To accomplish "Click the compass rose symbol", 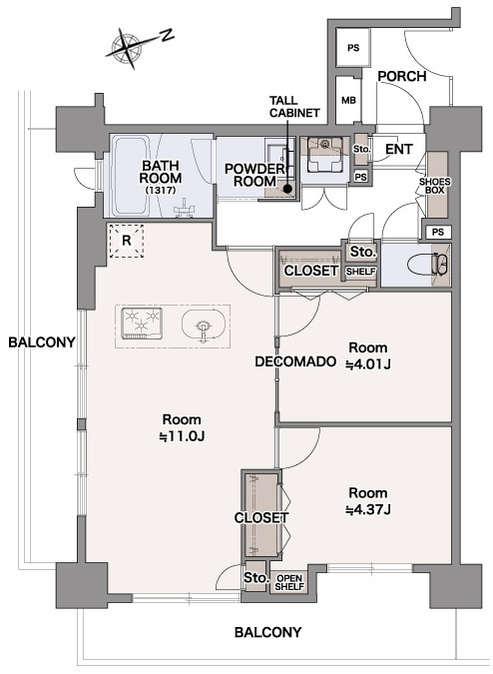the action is [127, 46].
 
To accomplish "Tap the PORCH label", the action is [401, 77].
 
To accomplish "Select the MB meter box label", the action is [348, 101].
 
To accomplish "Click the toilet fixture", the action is [428, 264].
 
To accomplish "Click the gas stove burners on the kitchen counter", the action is [142, 323].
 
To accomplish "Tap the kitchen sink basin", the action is [204, 326].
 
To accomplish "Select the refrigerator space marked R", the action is [127, 241].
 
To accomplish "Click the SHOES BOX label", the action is [434, 186].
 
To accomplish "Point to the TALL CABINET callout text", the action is [294, 106].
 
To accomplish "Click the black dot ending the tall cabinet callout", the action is [287, 188].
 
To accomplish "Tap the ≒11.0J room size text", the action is [182, 436].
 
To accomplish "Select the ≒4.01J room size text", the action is [368, 364].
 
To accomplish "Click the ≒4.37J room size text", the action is [368, 510].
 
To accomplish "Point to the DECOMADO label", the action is [295, 361].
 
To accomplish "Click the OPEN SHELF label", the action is [289, 582].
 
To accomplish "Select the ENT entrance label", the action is [399, 149].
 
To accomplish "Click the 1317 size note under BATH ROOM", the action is [160, 190].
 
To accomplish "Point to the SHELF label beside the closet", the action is [360, 272].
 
